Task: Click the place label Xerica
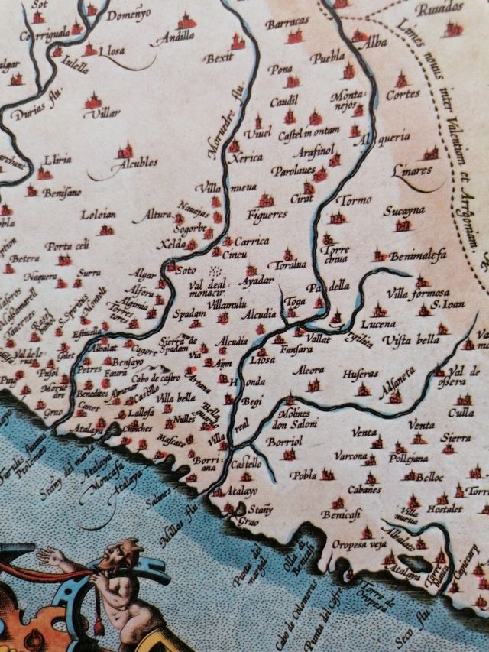(248, 157)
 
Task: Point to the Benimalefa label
(418, 257)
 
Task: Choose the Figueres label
(267, 215)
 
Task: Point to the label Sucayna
(404, 209)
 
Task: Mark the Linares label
(412, 170)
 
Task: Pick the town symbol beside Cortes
(401, 79)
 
